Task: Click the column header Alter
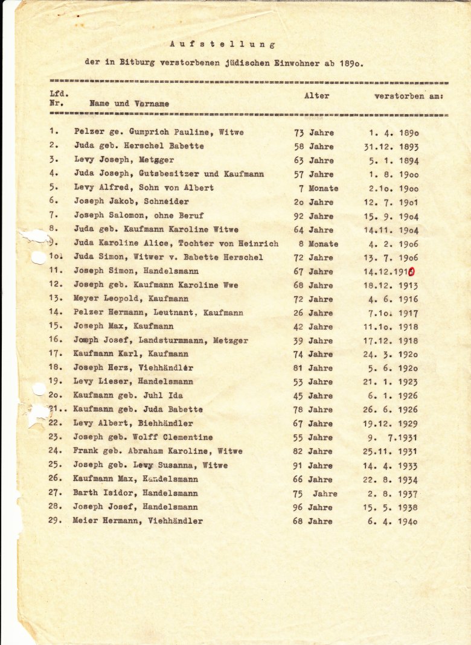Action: click(x=316, y=96)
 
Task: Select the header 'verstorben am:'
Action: click(x=409, y=96)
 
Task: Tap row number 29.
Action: click(x=56, y=521)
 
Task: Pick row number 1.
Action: click(x=54, y=132)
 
